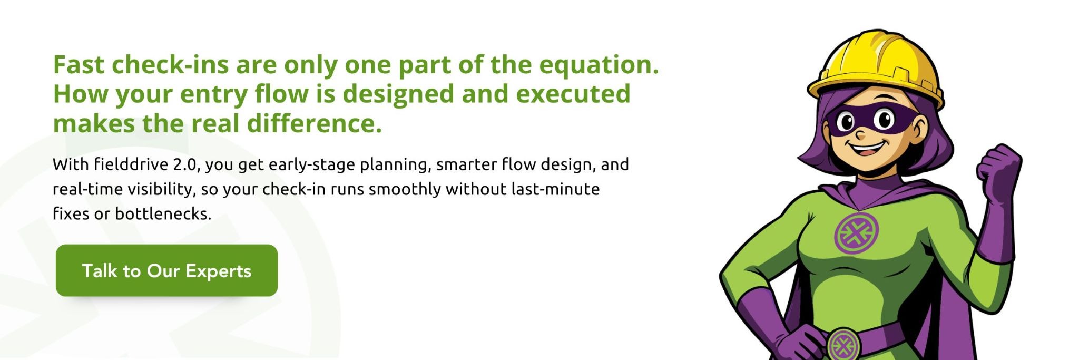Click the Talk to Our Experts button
click(166, 270)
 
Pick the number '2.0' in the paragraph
click(187, 164)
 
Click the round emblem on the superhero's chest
click(857, 232)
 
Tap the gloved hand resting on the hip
click(790, 337)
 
